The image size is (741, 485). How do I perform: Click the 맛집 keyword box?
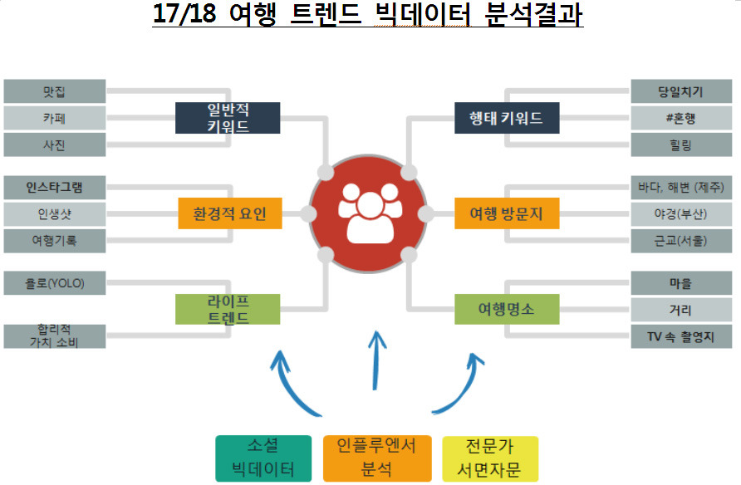[55, 91]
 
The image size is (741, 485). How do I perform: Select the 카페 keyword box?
[55, 118]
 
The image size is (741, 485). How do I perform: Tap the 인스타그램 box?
[55, 187]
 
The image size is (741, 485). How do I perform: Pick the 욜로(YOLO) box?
[55, 283]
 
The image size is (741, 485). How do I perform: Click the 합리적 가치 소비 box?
[55, 336]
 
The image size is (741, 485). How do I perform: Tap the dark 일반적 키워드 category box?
[227, 118]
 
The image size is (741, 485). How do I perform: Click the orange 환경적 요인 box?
[230, 213]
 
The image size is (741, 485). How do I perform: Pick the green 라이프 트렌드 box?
[227, 309]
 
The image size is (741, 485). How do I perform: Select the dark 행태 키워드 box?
[507, 118]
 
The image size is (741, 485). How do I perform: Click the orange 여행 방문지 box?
[507, 213]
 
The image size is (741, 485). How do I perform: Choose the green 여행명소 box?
[507, 309]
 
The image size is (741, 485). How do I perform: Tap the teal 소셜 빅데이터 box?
[263, 458]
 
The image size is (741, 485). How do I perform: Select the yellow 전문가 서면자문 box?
[490, 458]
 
